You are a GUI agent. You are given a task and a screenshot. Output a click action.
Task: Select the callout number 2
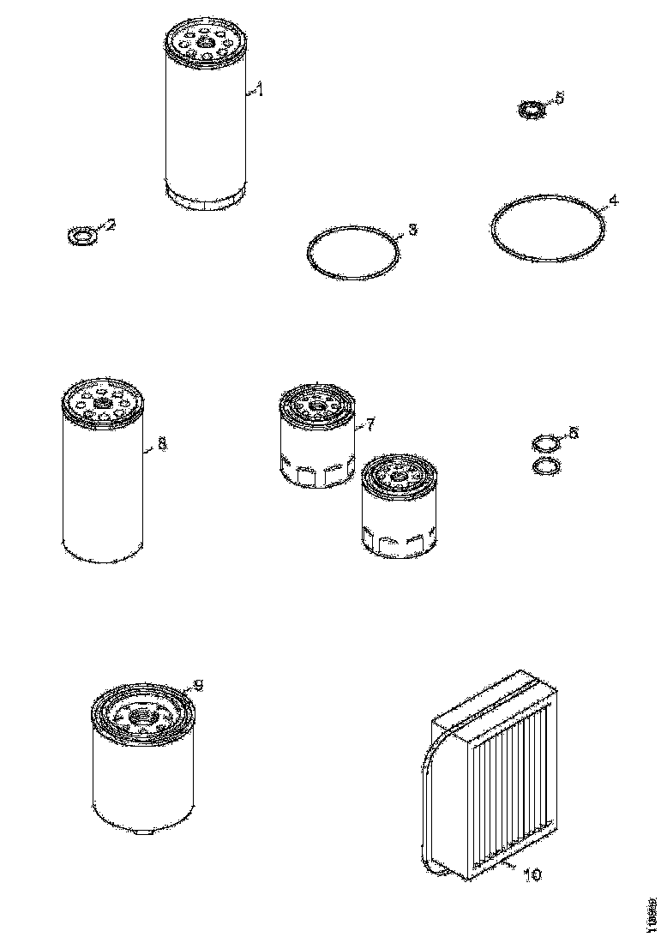coord(111,225)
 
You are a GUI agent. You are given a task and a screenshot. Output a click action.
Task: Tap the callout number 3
coord(412,230)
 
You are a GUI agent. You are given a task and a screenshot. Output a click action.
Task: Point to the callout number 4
coord(612,201)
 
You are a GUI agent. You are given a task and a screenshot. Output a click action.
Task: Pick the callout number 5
coord(560,99)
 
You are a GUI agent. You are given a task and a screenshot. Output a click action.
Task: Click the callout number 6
coord(574,433)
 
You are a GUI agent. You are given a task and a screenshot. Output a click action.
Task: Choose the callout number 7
coord(370,423)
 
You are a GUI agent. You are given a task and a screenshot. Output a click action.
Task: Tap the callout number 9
coord(198,683)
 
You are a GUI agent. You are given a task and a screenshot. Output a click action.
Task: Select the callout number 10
coord(532,875)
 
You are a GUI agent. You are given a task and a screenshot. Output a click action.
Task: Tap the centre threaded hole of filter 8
coord(104,402)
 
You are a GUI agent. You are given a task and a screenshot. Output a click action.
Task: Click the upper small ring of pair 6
coord(544,444)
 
